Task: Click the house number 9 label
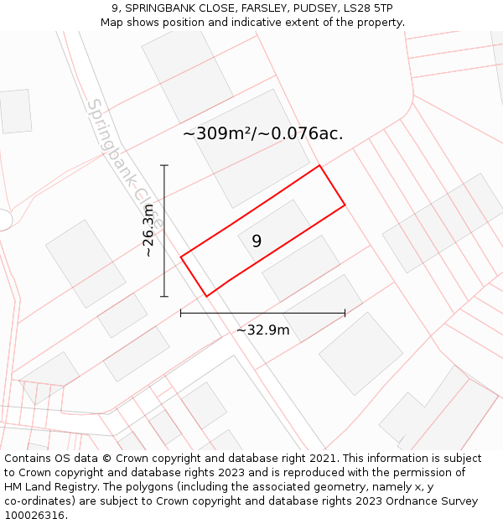pyautogui.click(x=257, y=241)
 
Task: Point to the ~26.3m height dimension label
pyautogui.click(x=148, y=231)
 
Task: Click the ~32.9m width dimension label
pyautogui.click(x=262, y=329)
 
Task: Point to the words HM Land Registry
pyautogui.click(x=51, y=487)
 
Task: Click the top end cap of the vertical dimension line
pyautogui.click(x=164, y=165)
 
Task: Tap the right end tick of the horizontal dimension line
pyautogui.click(x=345, y=314)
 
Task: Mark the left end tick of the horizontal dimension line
pyautogui.click(x=181, y=314)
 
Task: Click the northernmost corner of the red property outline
pyautogui.click(x=319, y=165)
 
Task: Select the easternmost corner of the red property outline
pyautogui.click(x=345, y=205)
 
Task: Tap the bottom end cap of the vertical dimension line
pyautogui.click(x=164, y=296)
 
